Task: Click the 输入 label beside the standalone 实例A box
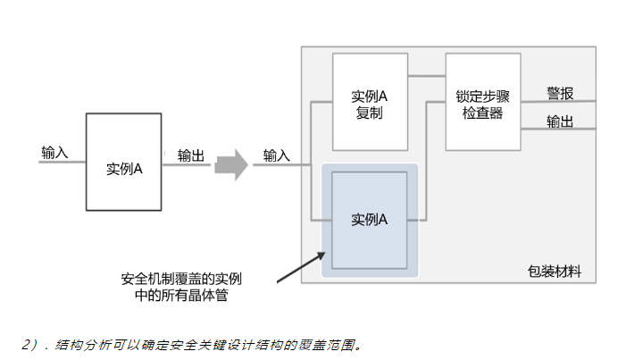pos(54,152)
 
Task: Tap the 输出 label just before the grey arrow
pos(190,155)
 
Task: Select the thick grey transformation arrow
pos(231,164)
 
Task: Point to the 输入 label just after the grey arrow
pos(276,155)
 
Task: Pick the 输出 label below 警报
pos(560,121)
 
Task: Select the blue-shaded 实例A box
pos(369,220)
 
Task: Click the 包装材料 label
pos(554,272)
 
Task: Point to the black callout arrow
pos(299,268)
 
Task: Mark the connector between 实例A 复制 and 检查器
pos(426,79)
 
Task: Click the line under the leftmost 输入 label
pos(55,164)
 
